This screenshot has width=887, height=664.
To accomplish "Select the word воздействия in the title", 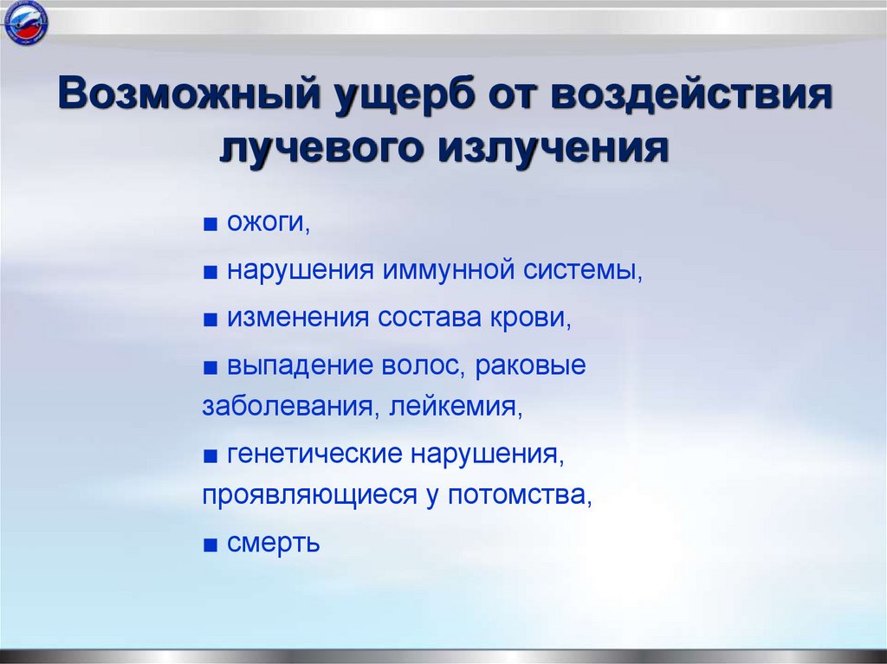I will [690, 94].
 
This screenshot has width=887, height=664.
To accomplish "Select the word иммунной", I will [446, 271].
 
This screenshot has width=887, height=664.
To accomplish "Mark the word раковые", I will [531, 365].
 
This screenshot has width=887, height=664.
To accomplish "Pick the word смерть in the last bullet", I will [274, 544].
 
